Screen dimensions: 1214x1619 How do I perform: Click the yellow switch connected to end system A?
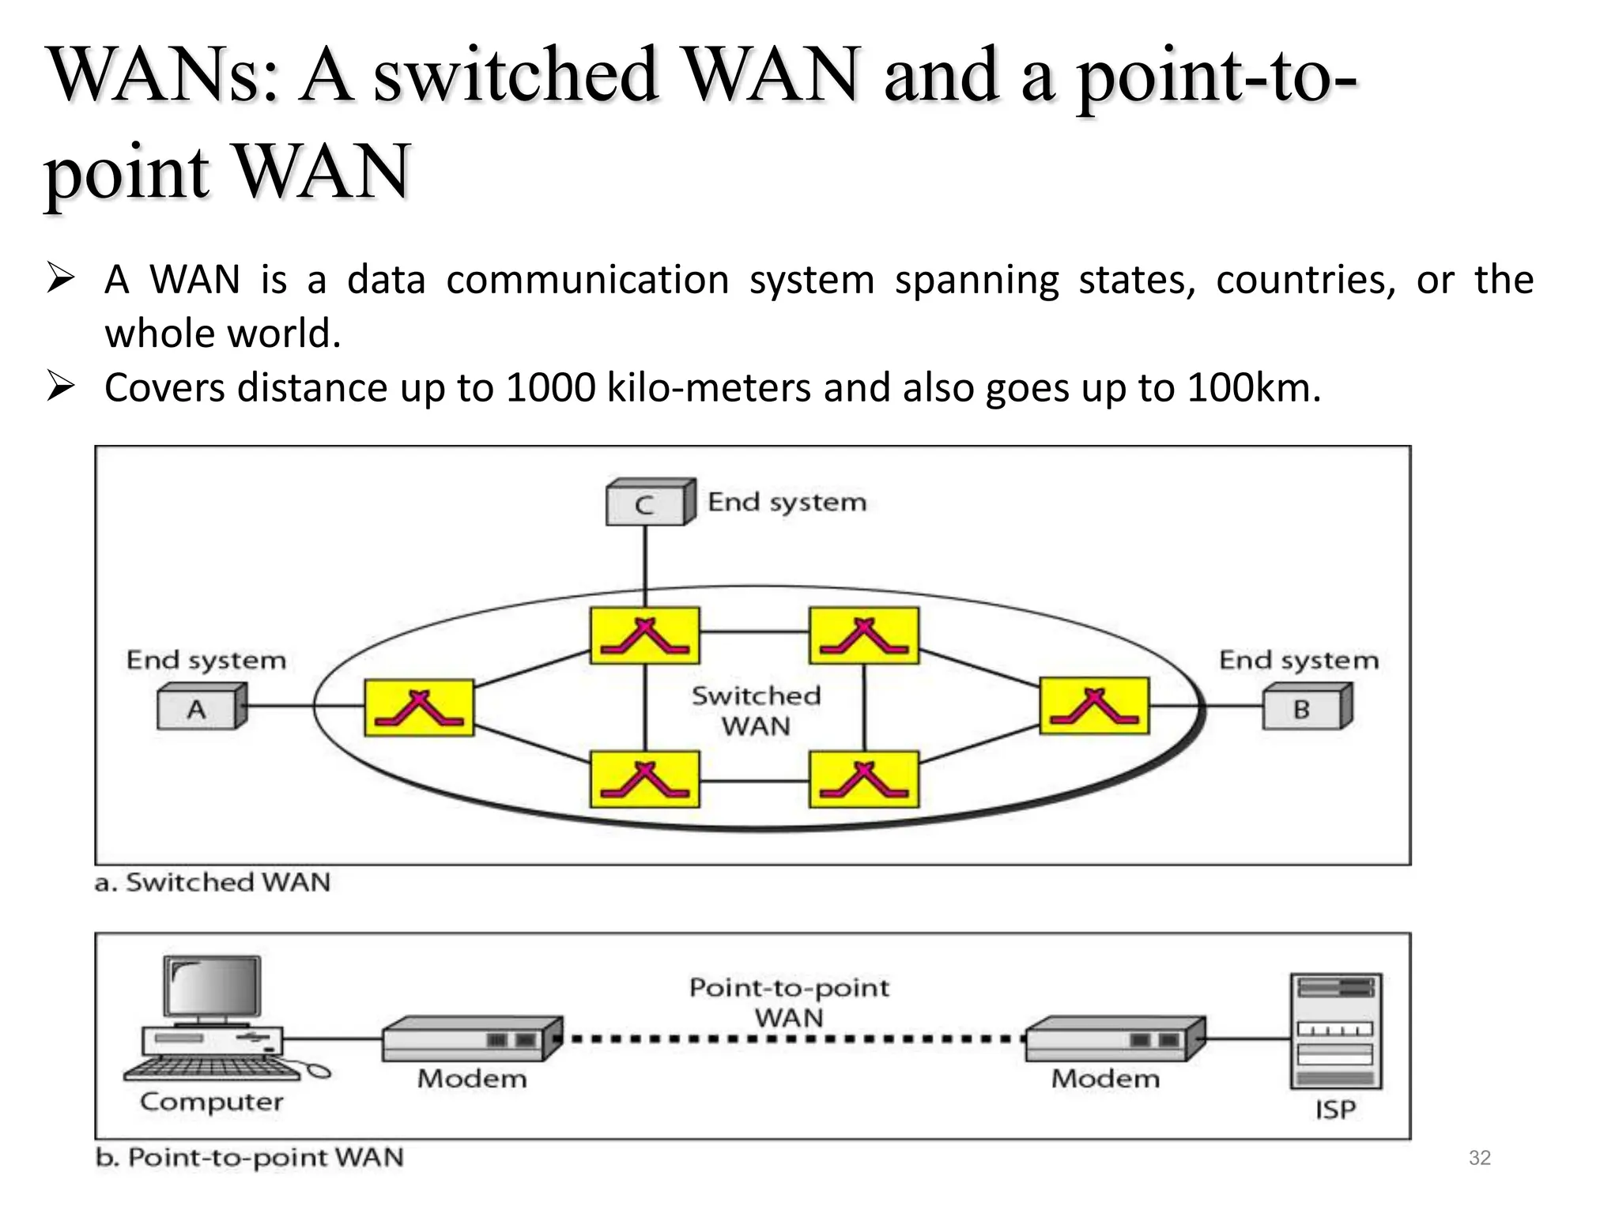[x=419, y=707]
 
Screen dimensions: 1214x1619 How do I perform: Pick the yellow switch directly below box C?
[x=644, y=635]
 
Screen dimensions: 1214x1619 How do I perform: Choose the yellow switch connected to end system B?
[x=1094, y=706]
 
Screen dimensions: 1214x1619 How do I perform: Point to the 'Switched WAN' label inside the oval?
[x=756, y=711]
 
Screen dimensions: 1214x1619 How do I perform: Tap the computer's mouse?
[x=318, y=1071]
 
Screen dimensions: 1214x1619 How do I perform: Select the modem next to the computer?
[x=472, y=1039]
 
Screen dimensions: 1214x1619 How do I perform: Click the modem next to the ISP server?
[x=1115, y=1039]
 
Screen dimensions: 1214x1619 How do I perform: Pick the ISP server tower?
[x=1336, y=1031]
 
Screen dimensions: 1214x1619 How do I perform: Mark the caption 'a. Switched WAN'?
[x=212, y=882]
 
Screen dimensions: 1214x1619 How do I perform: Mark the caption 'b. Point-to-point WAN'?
[x=249, y=1157]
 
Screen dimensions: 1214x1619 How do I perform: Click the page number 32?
[x=1479, y=1158]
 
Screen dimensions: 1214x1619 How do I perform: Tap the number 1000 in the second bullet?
[x=550, y=388]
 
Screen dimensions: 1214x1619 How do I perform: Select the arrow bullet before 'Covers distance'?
[x=61, y=387]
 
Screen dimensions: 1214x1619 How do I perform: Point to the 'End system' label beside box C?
[x=787, y=502]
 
